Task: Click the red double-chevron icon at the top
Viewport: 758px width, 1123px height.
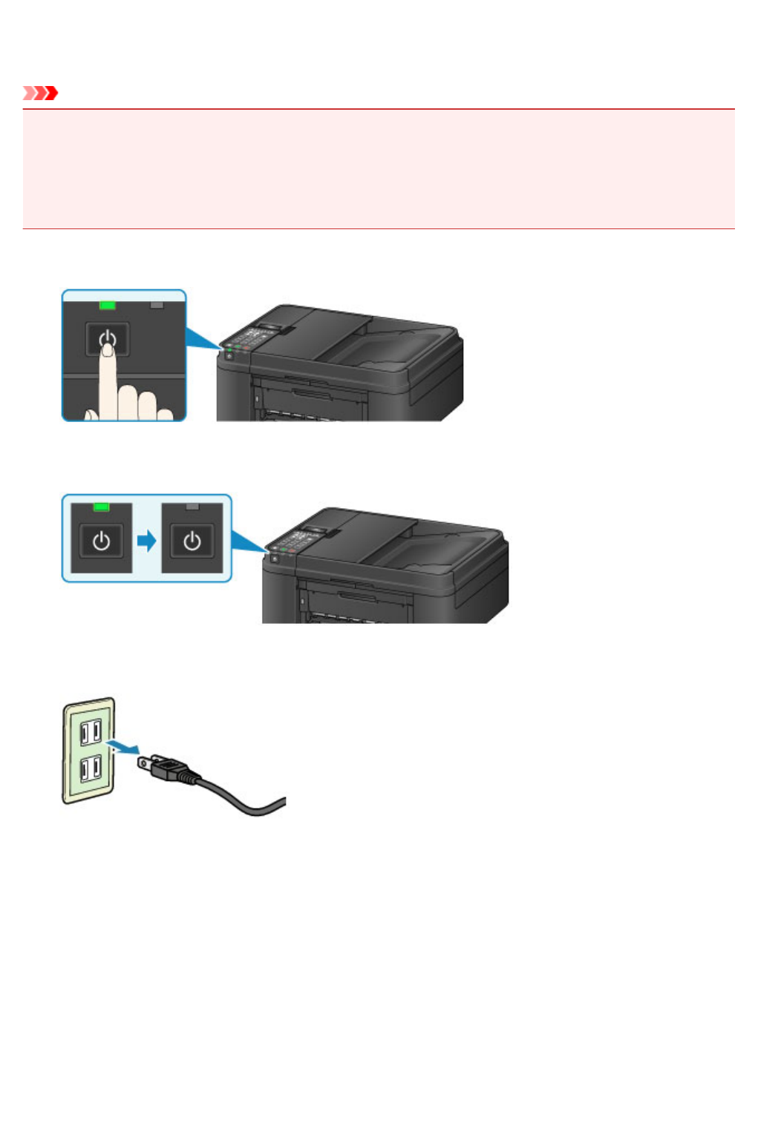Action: pyautogui.click(x=40, y=93)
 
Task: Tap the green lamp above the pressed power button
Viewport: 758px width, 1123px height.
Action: pyautogui.click(x=108, y=305)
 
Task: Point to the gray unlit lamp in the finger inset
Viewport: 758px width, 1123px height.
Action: pyautogui.click(x=156, y=305)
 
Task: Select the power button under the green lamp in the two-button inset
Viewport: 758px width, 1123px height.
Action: pyautogui.click(x=102, y=541)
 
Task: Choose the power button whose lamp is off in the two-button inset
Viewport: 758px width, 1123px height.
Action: pyautogui.click(x=192, y=541)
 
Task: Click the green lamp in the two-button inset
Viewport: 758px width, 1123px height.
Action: pyautogui.click(x=102, y=507)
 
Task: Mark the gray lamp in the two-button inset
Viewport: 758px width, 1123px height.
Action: pyautogui.click(x=192, y=507)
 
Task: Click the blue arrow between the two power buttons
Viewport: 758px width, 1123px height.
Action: pyautogui.click(x=147, y=541)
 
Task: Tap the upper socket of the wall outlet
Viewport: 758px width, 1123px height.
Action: pyautogui.click(x=91, y=732)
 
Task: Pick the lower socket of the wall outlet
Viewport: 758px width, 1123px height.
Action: pyautogui.click(x=91, y=768)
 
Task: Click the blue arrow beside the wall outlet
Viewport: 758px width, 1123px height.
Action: pyautogui.click(x=123, y=745)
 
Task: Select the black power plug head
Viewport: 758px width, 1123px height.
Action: pyautogui.click(x=167, y=767)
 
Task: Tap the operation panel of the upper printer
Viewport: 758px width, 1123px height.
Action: pyautogui.click(x=252, y=338)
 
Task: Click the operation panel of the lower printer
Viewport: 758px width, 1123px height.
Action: pyautogui.click(x=297, y=541)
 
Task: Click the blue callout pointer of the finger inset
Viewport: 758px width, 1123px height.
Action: pyautogui.click(x=202, y=337)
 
